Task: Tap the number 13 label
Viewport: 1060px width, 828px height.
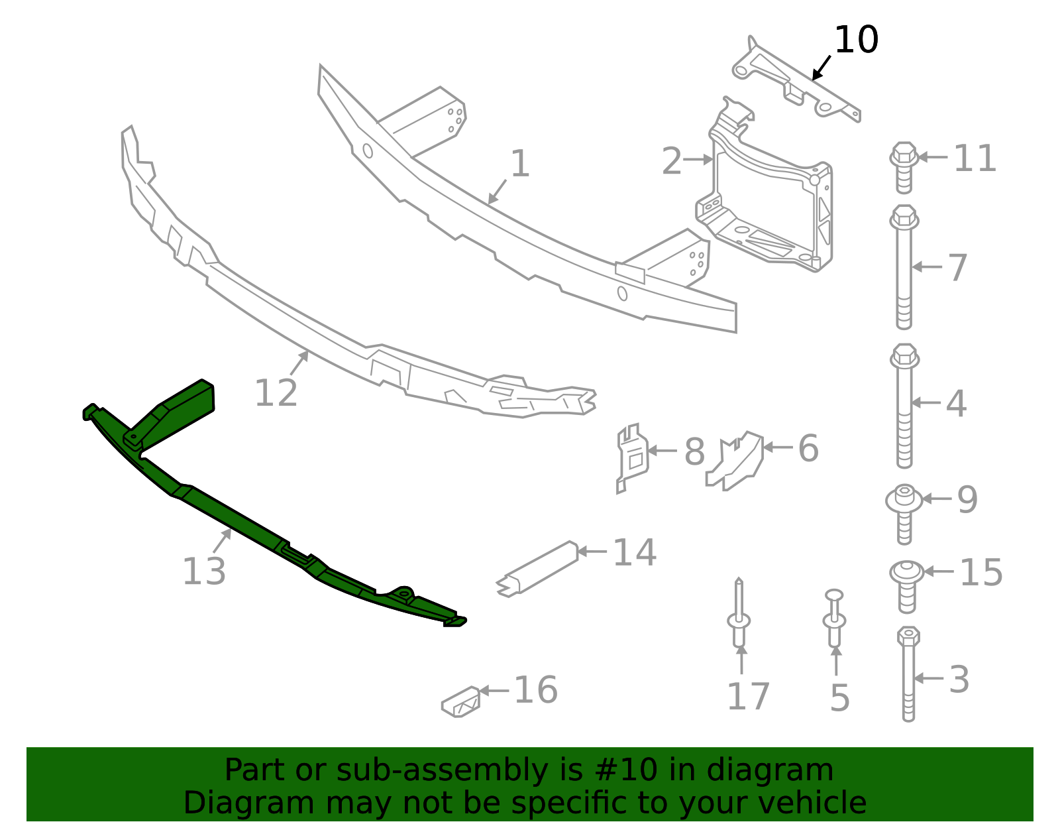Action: tap(204, 571)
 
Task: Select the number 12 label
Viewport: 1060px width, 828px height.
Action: tap(276, 393)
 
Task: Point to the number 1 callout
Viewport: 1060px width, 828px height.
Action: tap(520, 163)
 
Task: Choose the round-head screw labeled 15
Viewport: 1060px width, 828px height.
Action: tap(906, 583)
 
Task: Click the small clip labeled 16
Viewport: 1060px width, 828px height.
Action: tap(461, 702)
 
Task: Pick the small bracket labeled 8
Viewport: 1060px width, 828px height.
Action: tap(631, 456)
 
